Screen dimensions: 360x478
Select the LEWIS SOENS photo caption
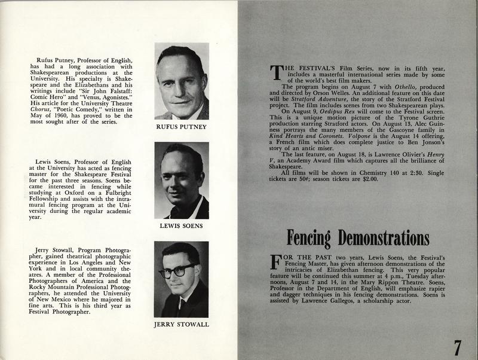point(182,226)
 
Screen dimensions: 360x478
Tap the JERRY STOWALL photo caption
point(181,324)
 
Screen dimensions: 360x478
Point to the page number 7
point(456,346)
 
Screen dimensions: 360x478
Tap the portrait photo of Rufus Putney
point(182,81)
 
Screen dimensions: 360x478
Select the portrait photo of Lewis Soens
point(182,180)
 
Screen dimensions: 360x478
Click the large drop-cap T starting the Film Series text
point(276,72)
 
